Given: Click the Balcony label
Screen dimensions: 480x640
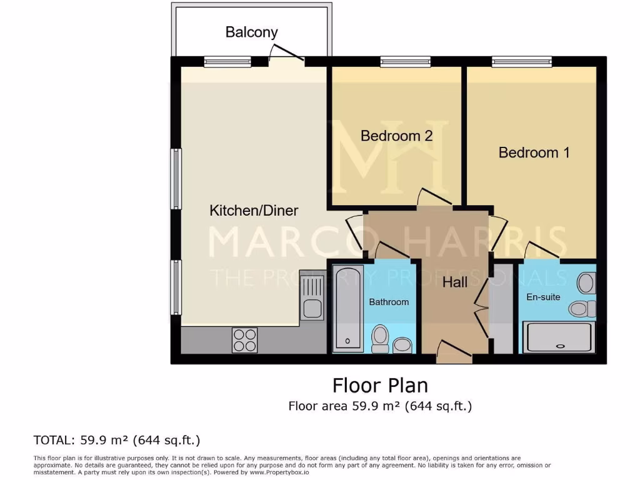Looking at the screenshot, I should (251, 32).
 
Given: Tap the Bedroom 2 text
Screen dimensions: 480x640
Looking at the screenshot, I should (396, 136).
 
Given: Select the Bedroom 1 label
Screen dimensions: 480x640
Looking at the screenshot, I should (534, 152).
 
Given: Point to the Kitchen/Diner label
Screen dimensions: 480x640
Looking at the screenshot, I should (254, 211).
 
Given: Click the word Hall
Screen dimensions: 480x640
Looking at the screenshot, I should (454, 282).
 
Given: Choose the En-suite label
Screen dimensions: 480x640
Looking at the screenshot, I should (543, 297).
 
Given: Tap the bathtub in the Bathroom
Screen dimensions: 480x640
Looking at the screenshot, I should (347, 307).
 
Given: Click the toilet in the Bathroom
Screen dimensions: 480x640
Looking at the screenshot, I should (380, 338).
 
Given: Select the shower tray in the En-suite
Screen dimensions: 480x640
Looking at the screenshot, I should (558, 337).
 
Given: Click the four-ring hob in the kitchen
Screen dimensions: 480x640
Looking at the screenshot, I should (244, 340).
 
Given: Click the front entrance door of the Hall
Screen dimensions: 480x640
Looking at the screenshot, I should (454, 352).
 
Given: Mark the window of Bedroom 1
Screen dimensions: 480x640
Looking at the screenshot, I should (521, 61).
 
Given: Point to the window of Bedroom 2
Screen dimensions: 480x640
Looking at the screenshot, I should (405, 61).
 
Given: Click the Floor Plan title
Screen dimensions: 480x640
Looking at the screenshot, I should (380, 384).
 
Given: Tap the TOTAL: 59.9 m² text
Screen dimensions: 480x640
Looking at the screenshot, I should (117, 440).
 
